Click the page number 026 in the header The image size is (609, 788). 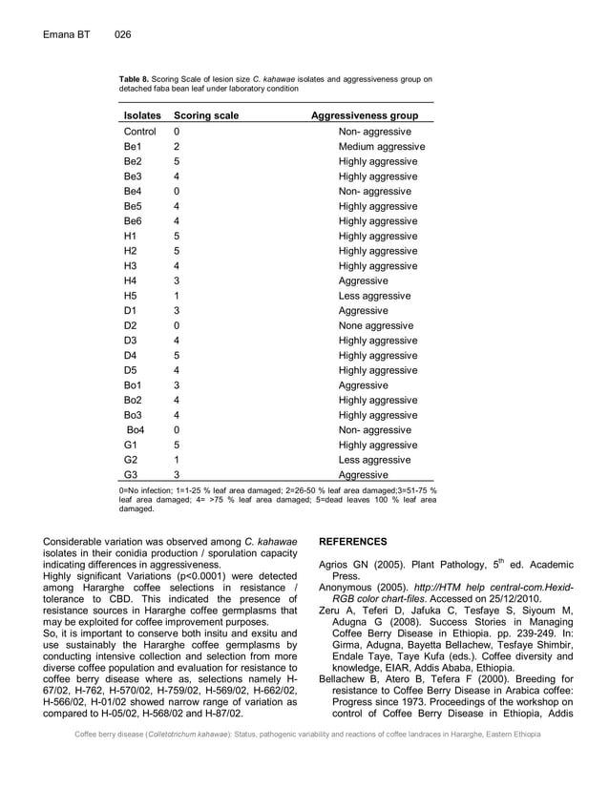(122, 35)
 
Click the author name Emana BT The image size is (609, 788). (66, 35)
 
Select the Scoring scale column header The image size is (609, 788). (206, 115)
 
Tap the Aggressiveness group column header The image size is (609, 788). (365, 115)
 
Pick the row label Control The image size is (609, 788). (140, 132)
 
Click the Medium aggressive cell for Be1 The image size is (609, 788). (382, 147)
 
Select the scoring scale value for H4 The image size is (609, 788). (177, 281)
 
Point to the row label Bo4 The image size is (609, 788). (136, 430)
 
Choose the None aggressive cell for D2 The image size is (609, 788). (376, 326)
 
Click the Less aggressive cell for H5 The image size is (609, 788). (374, 296)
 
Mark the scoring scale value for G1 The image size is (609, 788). (177, 446)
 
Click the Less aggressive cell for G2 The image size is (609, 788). (374, 460)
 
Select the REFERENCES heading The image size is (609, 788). (352, 542)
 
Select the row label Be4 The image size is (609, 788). (133, 192)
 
